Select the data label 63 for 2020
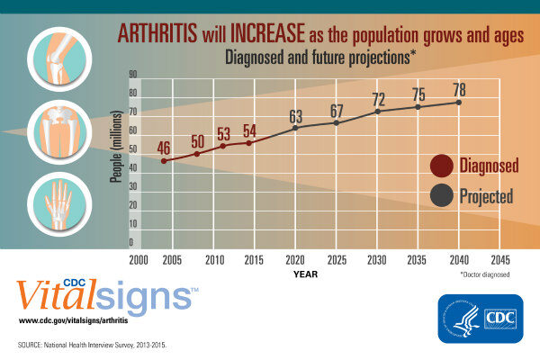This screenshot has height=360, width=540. tap(295, 116)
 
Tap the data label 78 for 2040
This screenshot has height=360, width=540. tap(459, 90)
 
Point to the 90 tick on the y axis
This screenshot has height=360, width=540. tap(132, 74)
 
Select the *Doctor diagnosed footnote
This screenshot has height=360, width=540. tap(484, 274)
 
